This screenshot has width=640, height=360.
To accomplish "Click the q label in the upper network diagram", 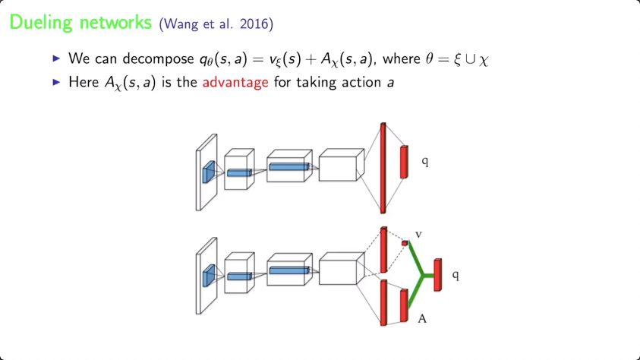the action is point(424,162).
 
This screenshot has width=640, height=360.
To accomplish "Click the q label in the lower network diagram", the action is point(455,271).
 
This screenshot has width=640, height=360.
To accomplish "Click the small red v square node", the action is point(405,243).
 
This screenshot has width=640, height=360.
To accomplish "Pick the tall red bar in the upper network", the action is point(383,167).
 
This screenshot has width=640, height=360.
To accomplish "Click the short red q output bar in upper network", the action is point(404,162).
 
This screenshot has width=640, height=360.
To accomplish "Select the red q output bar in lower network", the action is point(437,273).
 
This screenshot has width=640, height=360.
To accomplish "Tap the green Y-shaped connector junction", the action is point(422,276).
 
